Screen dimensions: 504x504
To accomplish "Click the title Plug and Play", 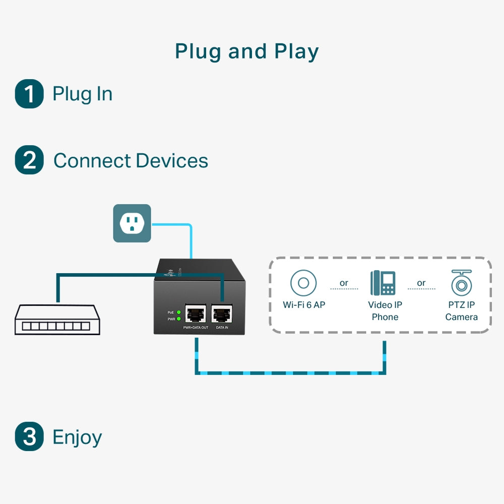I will tap(246, 51).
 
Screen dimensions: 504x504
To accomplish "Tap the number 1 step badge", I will tap(29, 94).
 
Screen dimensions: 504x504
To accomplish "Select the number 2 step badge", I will tap(29, 160).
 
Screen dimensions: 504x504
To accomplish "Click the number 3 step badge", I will tap(29, 436).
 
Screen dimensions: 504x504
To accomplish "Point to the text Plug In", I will tap(82, 94).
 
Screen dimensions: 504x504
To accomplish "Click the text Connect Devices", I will tap(131, 161).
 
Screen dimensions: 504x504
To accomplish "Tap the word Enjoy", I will tap(77, 436).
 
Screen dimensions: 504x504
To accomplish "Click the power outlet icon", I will tap(132, 223).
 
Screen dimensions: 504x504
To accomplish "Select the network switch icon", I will tap(57, 320).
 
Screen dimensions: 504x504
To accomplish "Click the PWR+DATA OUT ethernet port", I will tap(196, 314).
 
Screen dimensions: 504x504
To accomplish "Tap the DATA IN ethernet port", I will tap(222, 314).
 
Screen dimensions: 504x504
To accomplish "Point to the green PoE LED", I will tap(178, 312).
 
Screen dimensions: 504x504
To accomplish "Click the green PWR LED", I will tap(178, 319).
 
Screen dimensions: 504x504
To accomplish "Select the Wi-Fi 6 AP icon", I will tap(303, 283).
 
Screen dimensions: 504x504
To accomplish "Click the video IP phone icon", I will tap(383, 283).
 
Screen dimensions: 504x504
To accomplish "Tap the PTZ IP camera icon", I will tap(461, 283).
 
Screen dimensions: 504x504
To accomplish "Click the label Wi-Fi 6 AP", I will tap(304, 305).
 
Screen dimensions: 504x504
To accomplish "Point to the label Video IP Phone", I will tap(385, 311).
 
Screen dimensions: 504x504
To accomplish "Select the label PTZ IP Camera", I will tap(461, 311).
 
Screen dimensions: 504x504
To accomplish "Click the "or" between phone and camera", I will tap(421, 283).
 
